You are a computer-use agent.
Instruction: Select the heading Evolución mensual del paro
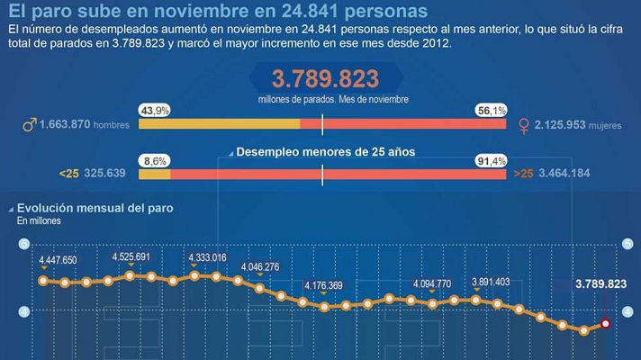click(95, 208)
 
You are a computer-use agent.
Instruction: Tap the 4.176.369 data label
click(323, 286)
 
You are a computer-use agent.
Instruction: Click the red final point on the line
click(606, 323)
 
